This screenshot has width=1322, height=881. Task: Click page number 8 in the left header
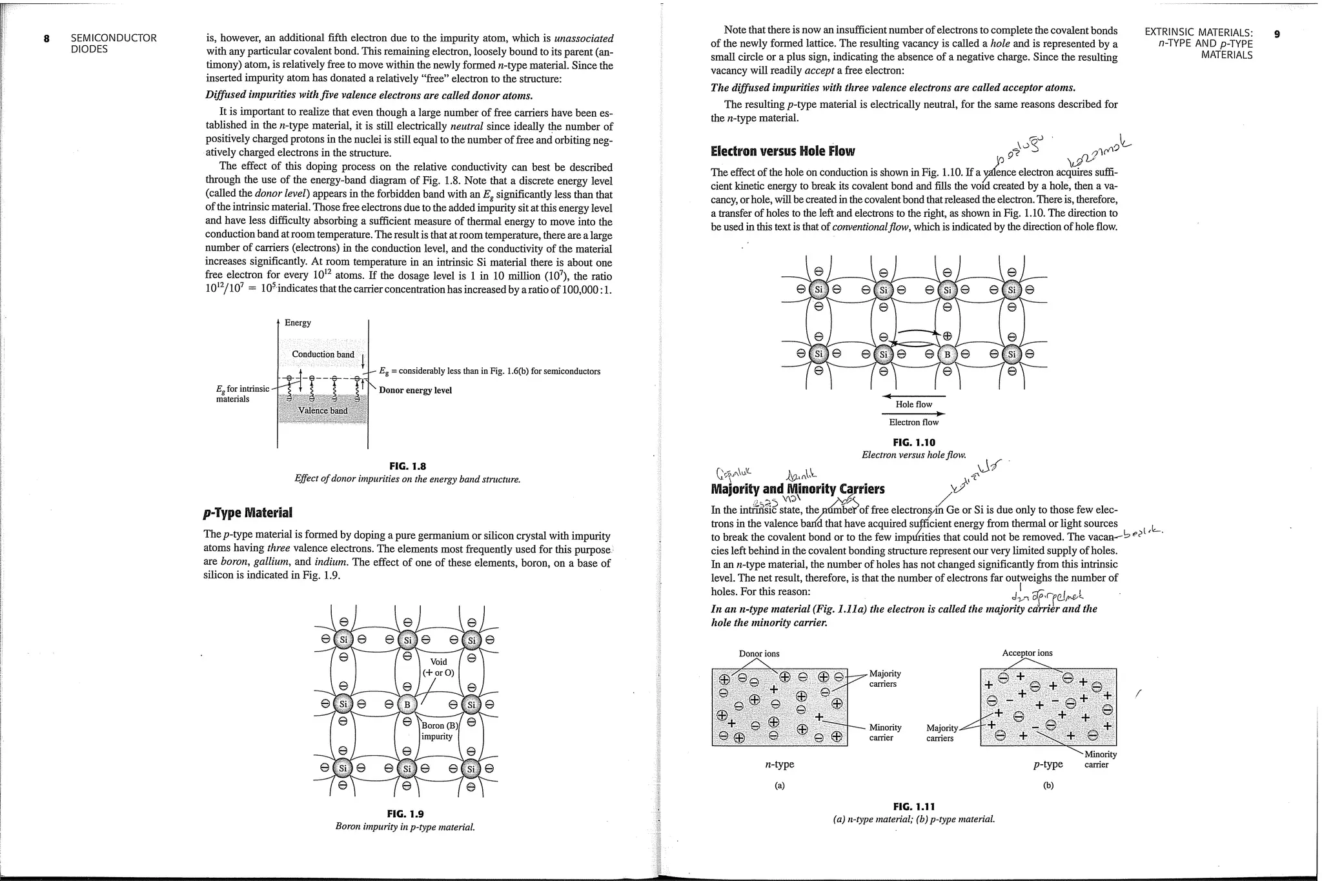point(46,38)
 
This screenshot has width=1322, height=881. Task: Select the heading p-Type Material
point(248,513)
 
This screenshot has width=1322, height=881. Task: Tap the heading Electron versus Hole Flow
point(782,152)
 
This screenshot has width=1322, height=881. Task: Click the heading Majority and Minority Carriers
point(797,489)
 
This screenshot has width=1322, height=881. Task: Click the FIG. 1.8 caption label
point(407,467)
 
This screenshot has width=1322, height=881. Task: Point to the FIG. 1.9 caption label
point(405,814)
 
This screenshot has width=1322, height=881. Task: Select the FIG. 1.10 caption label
point(913,443)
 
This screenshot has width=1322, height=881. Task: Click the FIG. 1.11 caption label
point(913,807)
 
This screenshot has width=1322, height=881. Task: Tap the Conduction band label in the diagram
point(323,354)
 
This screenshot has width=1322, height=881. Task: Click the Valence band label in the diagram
point(323,411)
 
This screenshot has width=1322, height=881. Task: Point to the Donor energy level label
point(415,390)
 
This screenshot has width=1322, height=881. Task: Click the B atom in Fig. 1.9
point(407,704)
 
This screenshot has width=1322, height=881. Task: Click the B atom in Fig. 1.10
point(947,354)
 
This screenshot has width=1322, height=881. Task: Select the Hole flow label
point(913,405)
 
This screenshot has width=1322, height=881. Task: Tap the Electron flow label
point(913,423)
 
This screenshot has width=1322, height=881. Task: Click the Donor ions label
point(759,654)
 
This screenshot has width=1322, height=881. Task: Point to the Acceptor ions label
point(1027,653)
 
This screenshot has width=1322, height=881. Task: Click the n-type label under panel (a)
point(779,764)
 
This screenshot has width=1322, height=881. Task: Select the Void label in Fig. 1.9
point(438,662)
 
